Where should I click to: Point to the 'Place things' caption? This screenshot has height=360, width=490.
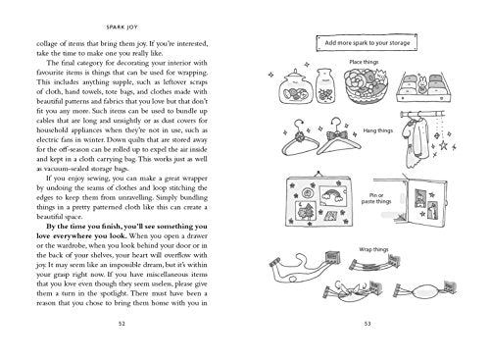click(x=363, y=64)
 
